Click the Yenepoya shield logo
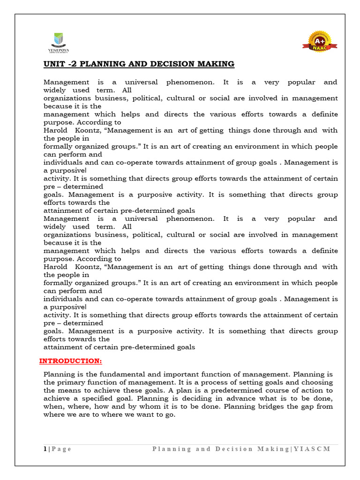click(58, 39)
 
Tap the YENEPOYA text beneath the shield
click(58, 48)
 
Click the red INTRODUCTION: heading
click(70, 361)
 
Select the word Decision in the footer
click(233, 449)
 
